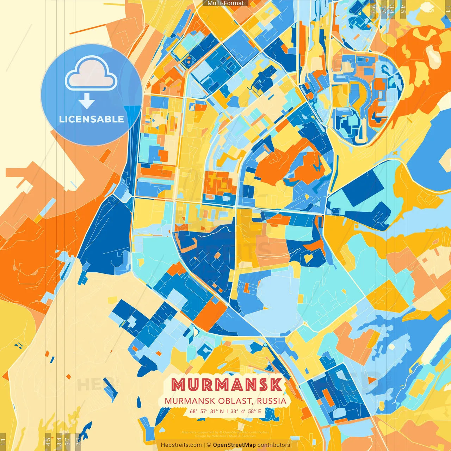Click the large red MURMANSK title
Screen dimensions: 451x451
pos(227,385)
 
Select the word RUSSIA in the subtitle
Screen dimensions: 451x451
pos(271,401)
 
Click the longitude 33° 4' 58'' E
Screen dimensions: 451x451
pos(246,411)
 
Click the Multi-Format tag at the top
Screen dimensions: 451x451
pos(225,3)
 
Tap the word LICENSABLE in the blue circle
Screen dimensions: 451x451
pos(92,119)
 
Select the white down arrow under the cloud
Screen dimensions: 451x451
pos(87,101)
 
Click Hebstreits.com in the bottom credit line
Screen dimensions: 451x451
pos(181,445)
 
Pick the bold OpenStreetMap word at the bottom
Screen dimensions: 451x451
pos(234,445)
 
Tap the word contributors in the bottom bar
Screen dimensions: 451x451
pos(274,445)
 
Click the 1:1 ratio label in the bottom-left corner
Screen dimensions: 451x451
pos(3,441)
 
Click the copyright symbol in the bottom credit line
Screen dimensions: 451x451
pos(209,445)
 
